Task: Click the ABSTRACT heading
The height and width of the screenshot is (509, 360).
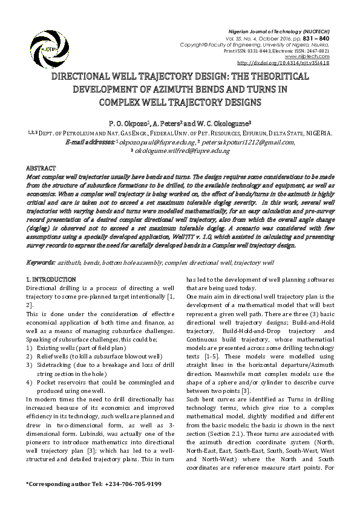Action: pyautogui.click(x=41, y=167)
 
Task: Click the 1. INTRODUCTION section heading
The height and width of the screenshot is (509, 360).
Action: pyautogui.click(x=51, y=280)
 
